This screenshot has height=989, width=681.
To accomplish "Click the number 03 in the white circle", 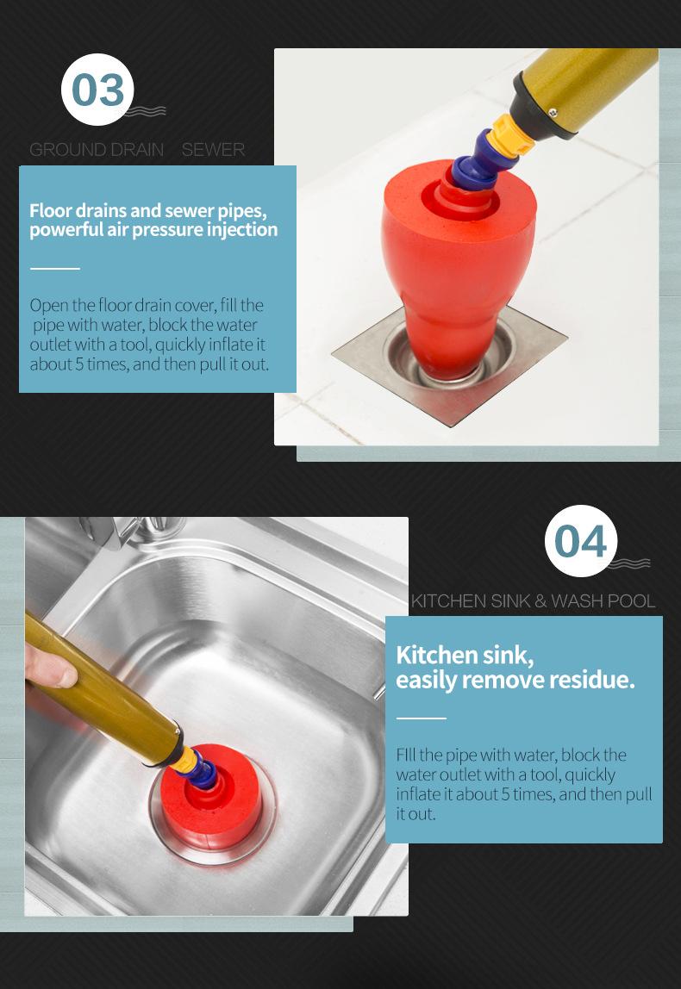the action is pyautogui.click(x=97, y=90).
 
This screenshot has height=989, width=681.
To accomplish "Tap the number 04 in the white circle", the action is pyautogui.click(x=581, y=541).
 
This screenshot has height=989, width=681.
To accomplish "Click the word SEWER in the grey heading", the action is pyautogui.click(x=213, y=150).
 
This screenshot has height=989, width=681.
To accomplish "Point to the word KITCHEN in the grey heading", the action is pyautogui.click(x=449, y=601).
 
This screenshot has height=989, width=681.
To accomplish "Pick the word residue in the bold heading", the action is pyautogui.click(x=590, y=680).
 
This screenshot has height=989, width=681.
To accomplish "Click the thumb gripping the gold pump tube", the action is pyautogui.click(x=51, y=668).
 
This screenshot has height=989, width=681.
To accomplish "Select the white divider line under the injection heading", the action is pyautogui.click(x=55, y=269).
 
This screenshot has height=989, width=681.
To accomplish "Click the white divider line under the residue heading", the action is pyautogui.click(x=421, y=718).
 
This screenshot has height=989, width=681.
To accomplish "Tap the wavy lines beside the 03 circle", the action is pyautogui.click(x=145, y=111).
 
